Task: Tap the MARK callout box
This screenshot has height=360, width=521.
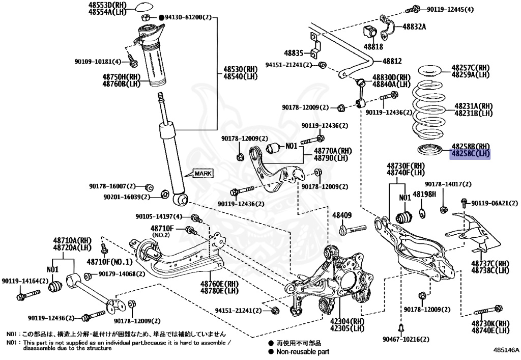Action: tap(202, 174)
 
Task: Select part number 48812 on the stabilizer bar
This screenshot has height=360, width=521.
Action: tap(392, 61)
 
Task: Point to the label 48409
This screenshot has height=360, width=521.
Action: tap(342, 215)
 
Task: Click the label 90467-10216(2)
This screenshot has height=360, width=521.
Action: tap(404, 339)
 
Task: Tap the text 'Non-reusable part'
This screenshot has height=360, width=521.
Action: tap(303, 351)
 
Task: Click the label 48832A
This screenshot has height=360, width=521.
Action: tap(414, 27)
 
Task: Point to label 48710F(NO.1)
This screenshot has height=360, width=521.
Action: tap(109, 262)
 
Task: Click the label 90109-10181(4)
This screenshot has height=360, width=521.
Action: tap(98, 62)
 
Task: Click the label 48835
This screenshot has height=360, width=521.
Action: tap(294, 52)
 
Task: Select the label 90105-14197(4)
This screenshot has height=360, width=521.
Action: tap(159, 216)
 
